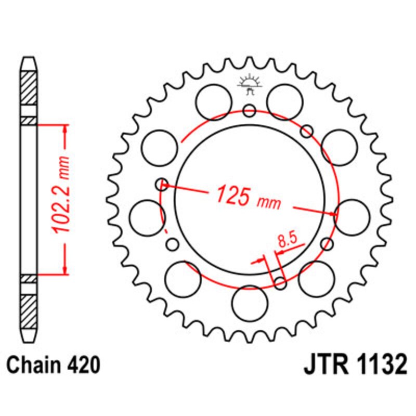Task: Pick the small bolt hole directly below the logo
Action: click(250, 110)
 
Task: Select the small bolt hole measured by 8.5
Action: click(280, 283)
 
